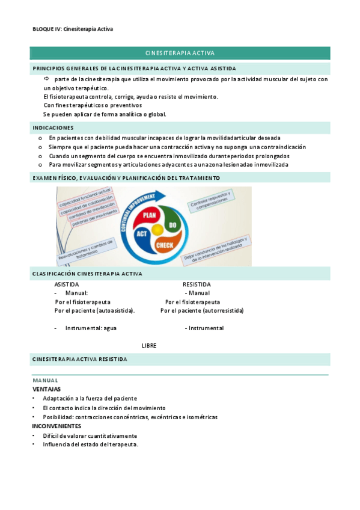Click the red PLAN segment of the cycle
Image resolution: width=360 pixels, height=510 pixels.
click(x=150, y=215)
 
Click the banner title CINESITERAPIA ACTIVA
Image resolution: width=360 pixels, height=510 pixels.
click(x=180, y=53)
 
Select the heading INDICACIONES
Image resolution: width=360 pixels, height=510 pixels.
click(x=53, y=127)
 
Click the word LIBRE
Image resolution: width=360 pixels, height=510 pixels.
click(x=149, y=346)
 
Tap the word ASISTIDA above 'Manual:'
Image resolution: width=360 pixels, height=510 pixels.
click(x=66, y=284)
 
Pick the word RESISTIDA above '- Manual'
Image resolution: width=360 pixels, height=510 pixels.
click(x=197, y=284)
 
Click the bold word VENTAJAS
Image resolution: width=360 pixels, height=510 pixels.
click(x=46, y=389)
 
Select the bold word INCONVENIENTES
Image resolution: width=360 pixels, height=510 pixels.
click(x=56, y=426)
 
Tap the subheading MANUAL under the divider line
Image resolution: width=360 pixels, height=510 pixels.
click(x=45, y=381)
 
